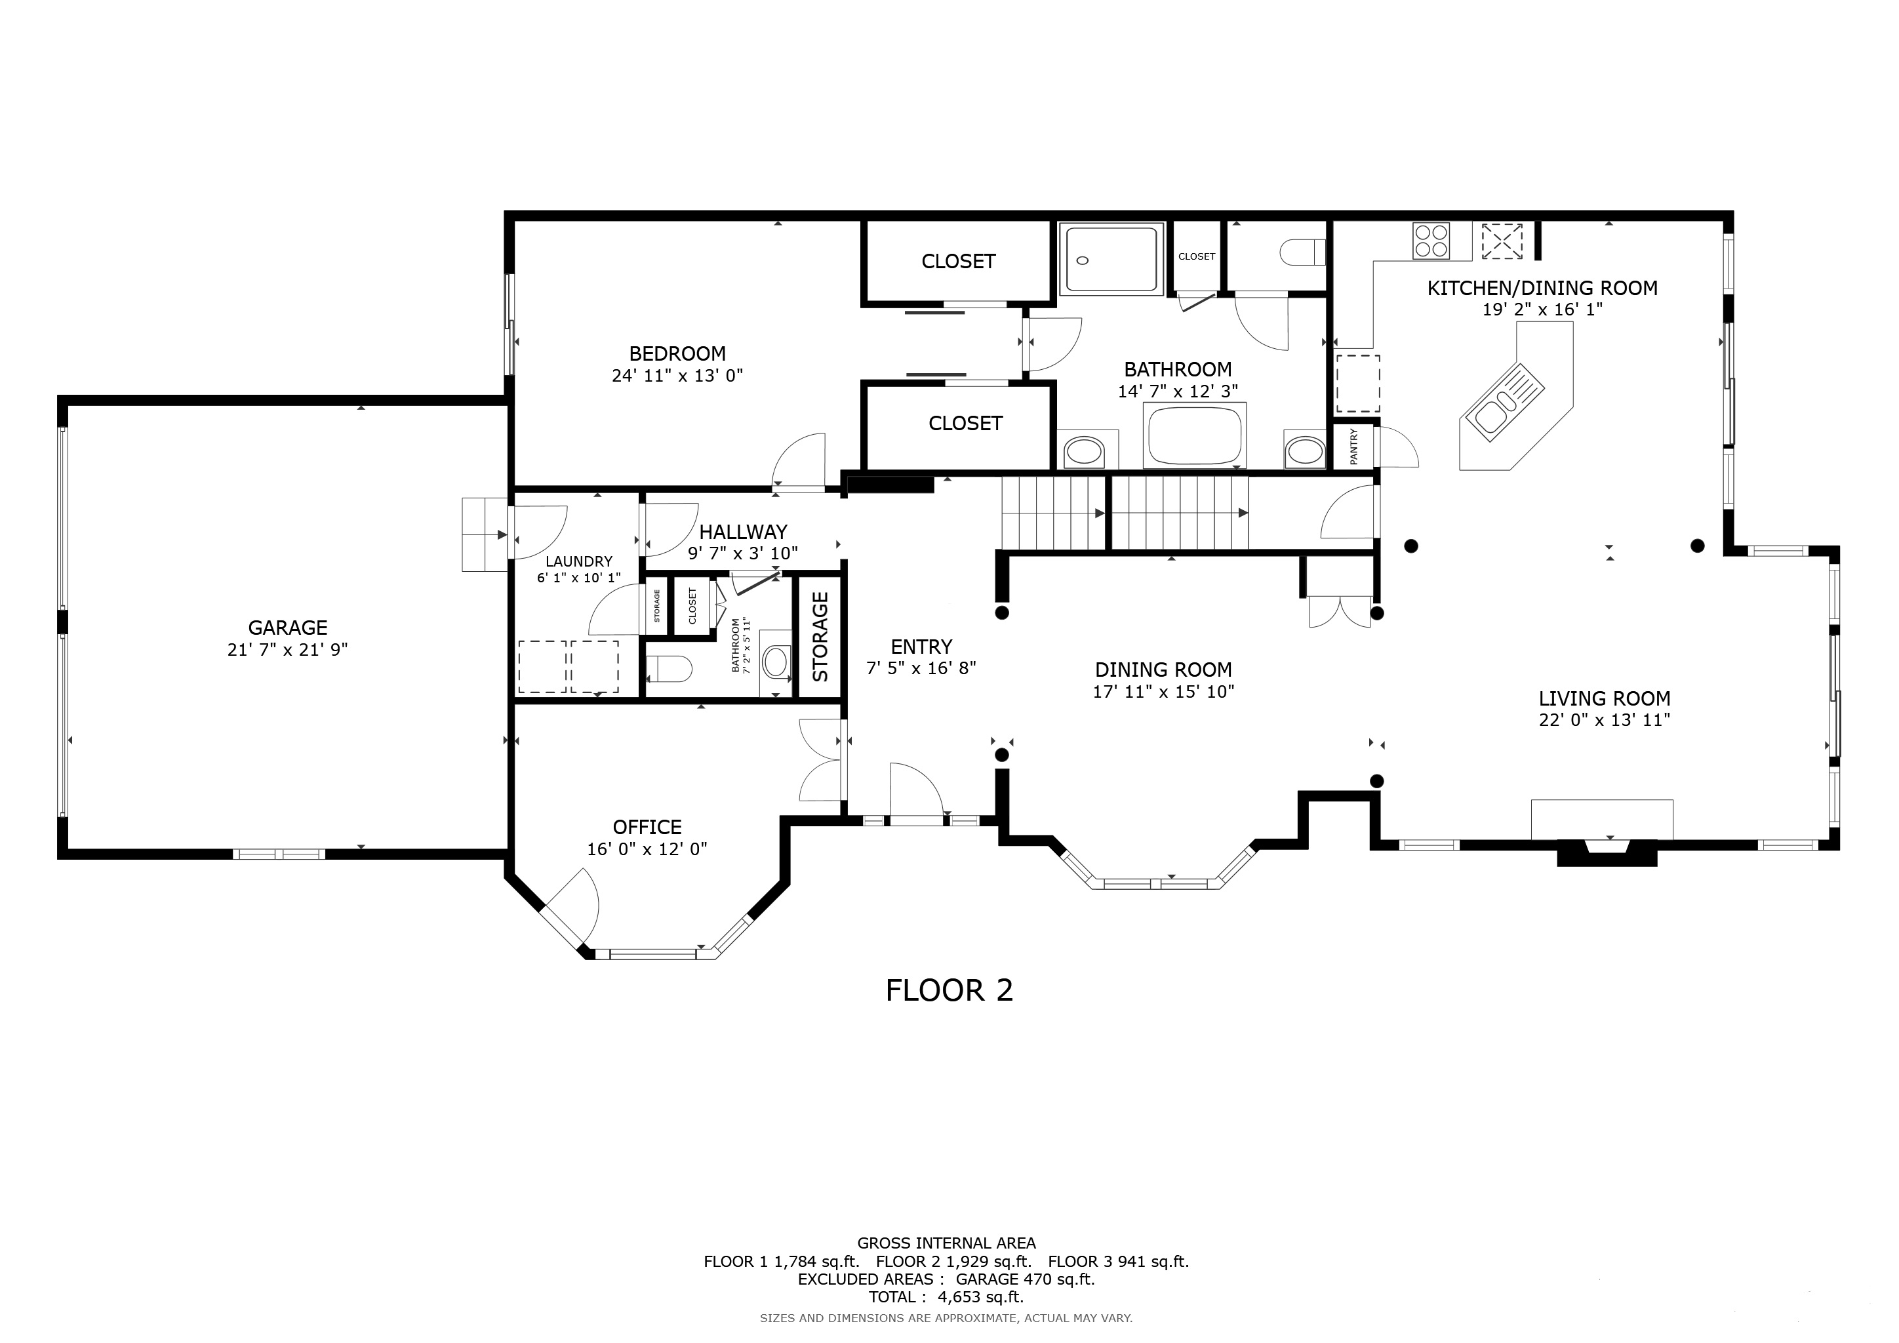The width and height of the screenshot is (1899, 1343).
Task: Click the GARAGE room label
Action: point(288,628)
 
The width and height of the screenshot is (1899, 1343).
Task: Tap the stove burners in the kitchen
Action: point(1431,241)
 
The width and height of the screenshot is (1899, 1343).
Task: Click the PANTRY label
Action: point(1354,447)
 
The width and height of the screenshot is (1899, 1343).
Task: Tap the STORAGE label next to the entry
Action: point(820,637)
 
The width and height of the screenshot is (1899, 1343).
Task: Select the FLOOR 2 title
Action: point(949,991)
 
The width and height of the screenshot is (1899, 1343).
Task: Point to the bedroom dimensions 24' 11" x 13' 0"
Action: point(677,376)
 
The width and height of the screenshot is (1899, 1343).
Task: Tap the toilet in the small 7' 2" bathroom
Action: point(669,668)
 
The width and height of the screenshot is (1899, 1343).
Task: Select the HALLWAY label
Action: point(743,532)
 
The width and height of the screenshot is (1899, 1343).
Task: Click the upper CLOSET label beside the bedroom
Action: point(958,262)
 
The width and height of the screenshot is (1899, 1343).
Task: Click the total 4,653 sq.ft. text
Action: point(946,1296)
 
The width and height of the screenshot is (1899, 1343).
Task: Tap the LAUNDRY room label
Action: point(578,561)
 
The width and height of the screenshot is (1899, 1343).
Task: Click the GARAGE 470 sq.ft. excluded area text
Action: point(1025,1279)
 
